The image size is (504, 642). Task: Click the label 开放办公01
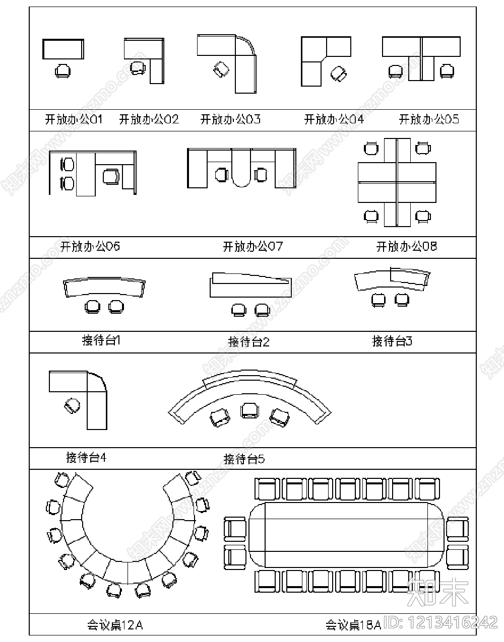click(x=74, y=119)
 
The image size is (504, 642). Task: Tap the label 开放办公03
click(x=230, y=119)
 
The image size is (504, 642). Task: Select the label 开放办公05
click(x=429, y=119)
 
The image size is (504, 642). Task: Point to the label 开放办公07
click(x=253, y=247)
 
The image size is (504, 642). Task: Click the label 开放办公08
click(x=406, y=247)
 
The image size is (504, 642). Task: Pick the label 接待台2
click(x=249, y=342)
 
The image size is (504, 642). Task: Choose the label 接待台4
click(x=86, y=458)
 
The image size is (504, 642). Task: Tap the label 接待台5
click(x=244, y=459)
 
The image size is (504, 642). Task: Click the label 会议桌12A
click(x=115, y=625)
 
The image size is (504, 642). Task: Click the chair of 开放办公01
click(x=62, y=70)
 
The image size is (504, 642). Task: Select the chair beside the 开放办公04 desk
click(x=339, y=74)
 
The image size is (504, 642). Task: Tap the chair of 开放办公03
click(x=221, y=69)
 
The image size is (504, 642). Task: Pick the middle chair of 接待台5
click(x=249, y=410)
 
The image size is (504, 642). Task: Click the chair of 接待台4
click(x=73, y=405)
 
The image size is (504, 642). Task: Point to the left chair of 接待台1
click(x=93, y=307)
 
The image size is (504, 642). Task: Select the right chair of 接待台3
click(x=402, y=300)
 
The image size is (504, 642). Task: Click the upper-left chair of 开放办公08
click(x=371, y=148)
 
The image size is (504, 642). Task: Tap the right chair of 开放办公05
click(x=447, y=71)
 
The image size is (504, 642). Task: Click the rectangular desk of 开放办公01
click(x=63, y=49)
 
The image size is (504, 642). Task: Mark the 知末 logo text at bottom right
click(x=437, y=593)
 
